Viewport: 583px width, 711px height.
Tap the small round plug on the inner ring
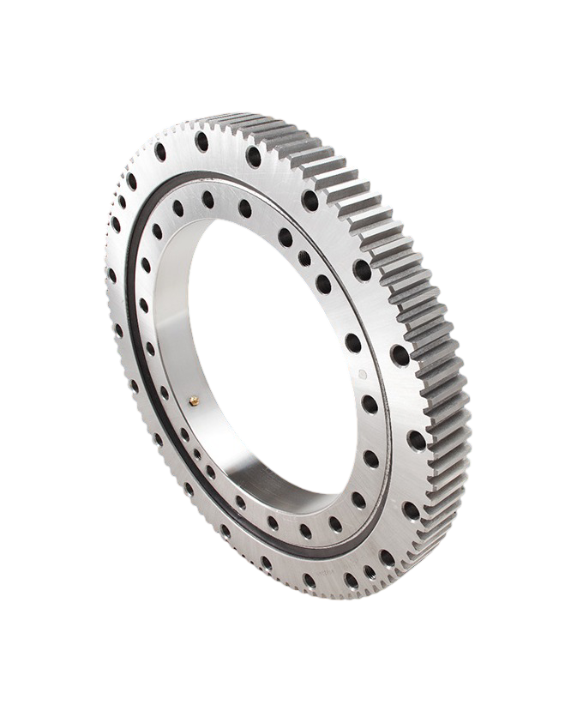click(x=361, y=374)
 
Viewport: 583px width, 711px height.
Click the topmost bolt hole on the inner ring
click(x=208, y=197)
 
